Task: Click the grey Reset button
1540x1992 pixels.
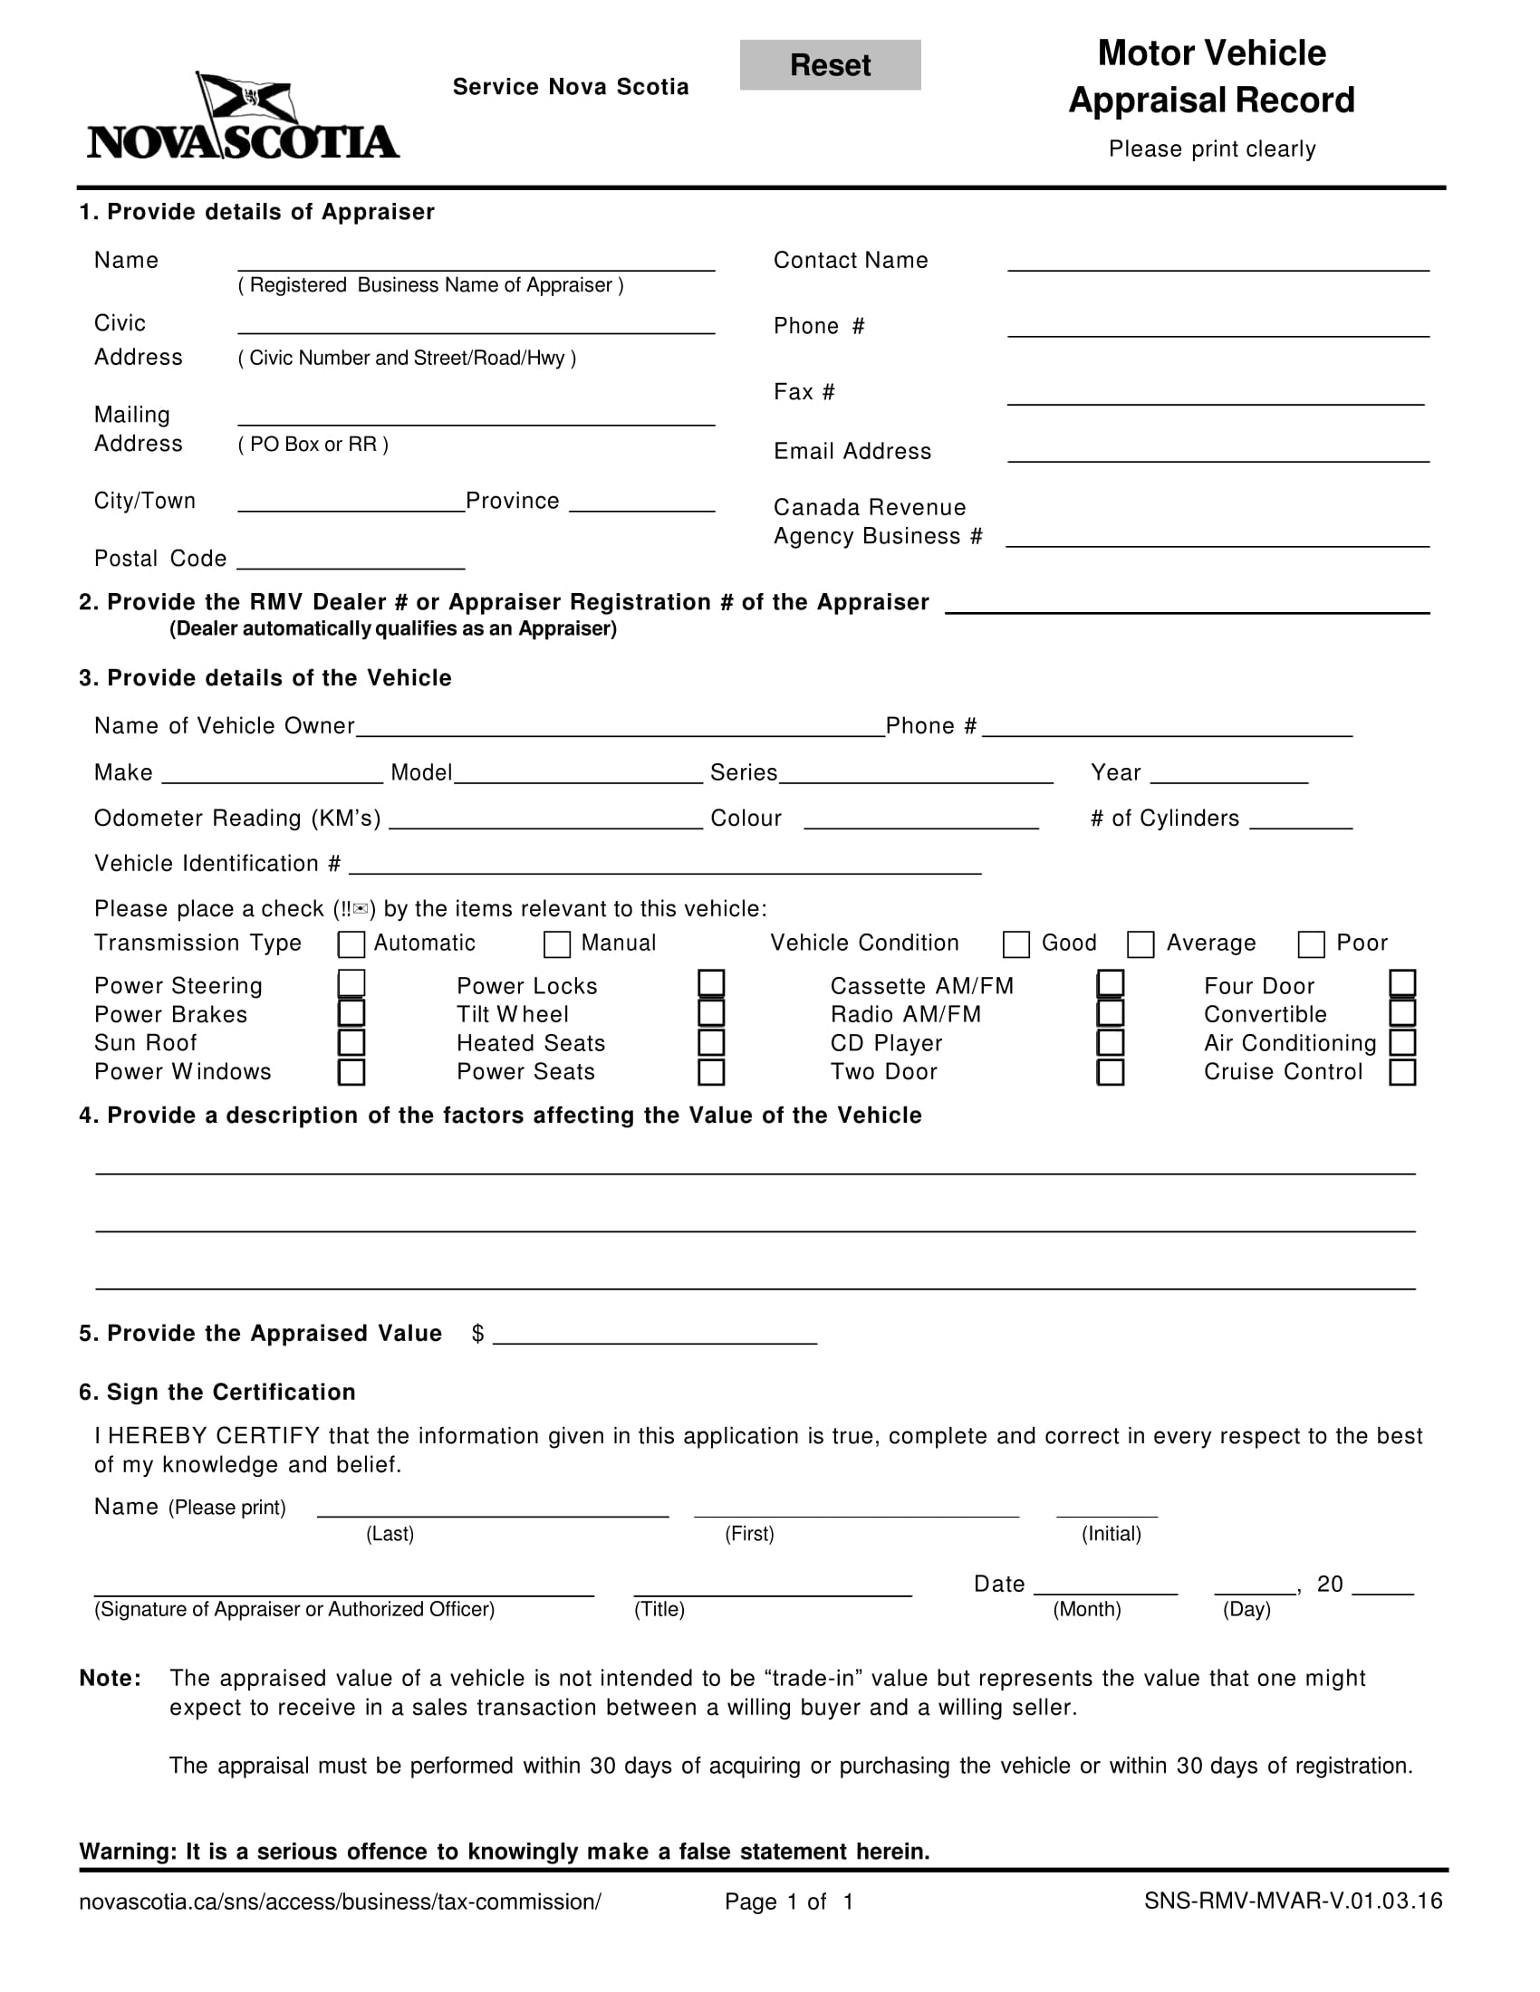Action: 829,65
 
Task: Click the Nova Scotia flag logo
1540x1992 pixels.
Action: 243,117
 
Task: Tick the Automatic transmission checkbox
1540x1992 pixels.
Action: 351,944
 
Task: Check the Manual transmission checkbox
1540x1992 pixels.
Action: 556,944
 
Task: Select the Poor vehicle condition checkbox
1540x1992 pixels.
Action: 1311,944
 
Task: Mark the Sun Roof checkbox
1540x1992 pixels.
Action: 351,1042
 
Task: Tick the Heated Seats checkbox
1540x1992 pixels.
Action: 711,1042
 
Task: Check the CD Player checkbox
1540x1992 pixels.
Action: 1110,1042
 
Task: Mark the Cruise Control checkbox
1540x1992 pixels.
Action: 1402,1072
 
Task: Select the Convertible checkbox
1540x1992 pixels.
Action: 1402,1013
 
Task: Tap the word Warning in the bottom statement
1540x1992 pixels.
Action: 127,1852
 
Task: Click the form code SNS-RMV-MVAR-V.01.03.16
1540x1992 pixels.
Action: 1293,1901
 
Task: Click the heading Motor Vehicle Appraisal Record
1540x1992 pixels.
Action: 1210,77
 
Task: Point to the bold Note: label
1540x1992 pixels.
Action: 111,1678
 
